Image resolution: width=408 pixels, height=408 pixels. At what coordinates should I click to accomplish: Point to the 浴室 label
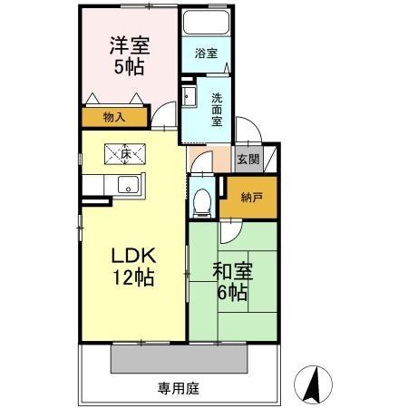coord(206,53)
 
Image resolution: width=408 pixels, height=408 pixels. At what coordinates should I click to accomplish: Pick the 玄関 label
coord(248,158)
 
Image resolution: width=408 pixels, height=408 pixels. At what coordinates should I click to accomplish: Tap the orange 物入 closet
coord(114,117)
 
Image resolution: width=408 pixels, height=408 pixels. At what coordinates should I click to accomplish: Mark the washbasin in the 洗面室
coord(190,98)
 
